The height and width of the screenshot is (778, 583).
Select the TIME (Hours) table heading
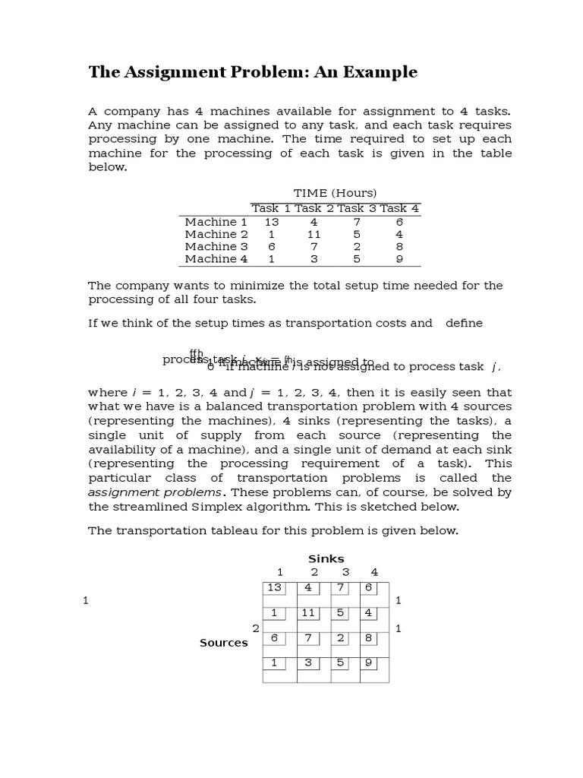click(x=335, y=193)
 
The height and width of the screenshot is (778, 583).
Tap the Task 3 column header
click(x=356, y=208)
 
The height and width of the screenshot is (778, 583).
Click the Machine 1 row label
click(x=216, y=222)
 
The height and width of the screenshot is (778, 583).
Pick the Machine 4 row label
click(x=216, y=259)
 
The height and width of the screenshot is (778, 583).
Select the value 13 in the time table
click(x=272, y=222)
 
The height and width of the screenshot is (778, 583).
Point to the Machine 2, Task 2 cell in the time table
click(x=314, y=235)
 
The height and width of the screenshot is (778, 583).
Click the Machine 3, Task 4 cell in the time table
click(x=399, y=247)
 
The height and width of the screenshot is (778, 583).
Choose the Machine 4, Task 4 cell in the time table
click(x=399, y=259)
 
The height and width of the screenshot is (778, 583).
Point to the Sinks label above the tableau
click(x=326, y=558)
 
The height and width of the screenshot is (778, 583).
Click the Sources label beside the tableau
click(x=224, y=643)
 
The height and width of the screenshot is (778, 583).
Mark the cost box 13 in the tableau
click(x=274, y=588)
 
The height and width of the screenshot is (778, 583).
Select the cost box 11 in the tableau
click(x=308, y=613)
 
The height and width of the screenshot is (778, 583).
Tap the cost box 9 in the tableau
click(x=367, y=663)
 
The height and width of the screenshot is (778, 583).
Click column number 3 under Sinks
click(x=345, y=572)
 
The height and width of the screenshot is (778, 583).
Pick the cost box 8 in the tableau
click(x=367, y=637)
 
